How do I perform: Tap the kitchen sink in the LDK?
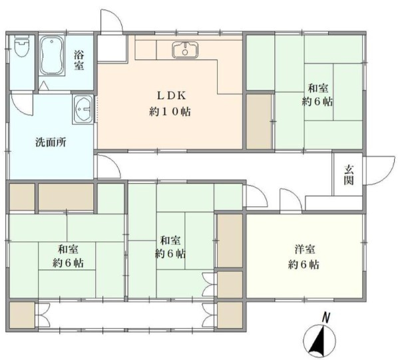pos(184,50)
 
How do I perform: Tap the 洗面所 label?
pos(51,142)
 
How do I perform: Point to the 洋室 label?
pos(304,250)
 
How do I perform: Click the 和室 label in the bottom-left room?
pos(67,250)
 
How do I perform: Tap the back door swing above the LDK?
pos(110,20)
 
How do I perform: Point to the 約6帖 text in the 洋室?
pos(304,264)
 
